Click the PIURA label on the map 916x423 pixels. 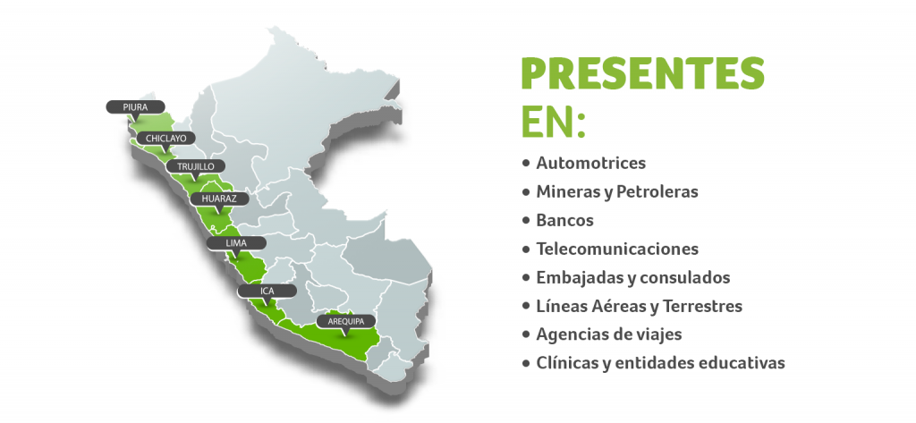136,107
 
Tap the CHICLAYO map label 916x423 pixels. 165,139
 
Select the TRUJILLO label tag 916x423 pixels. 195,166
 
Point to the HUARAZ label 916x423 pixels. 220,199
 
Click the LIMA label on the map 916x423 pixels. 236,242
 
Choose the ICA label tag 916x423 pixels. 267,291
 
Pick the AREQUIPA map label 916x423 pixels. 346,321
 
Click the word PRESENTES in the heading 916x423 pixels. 642,73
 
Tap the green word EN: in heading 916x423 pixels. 553,123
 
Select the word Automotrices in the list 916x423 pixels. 591,163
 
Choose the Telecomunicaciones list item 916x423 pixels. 617,249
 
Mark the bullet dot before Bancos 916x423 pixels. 526,221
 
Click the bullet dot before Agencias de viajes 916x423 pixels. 526,335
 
